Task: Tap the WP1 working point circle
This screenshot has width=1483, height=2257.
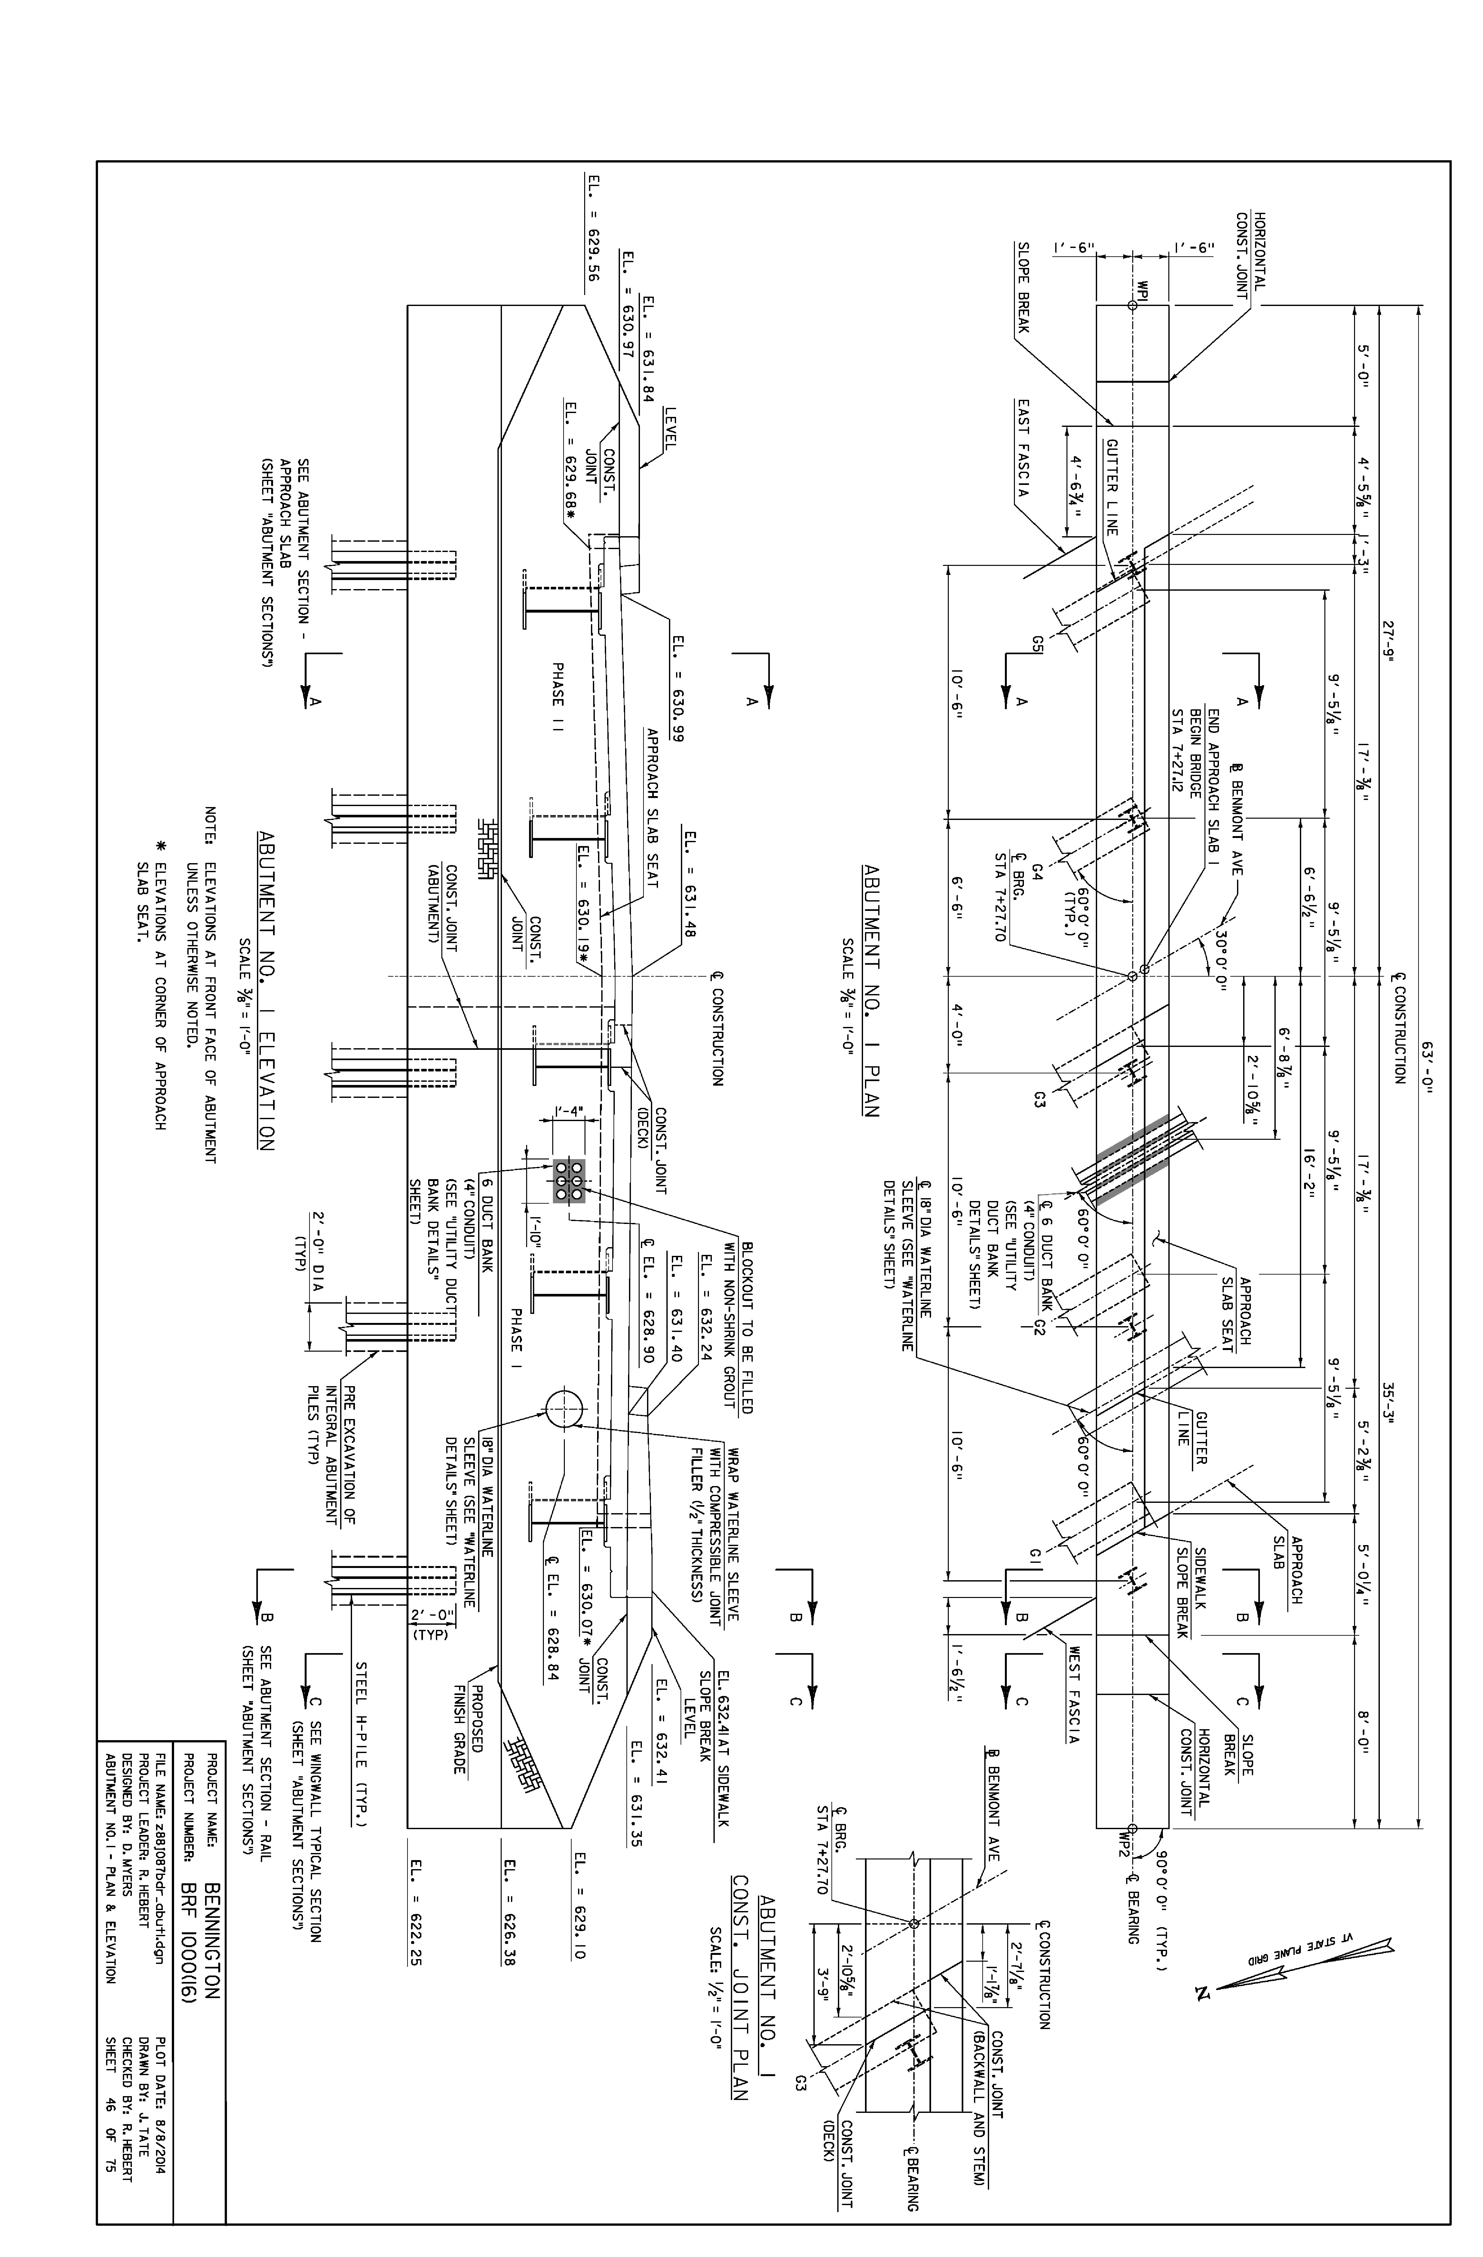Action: (x=1132, y=305)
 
